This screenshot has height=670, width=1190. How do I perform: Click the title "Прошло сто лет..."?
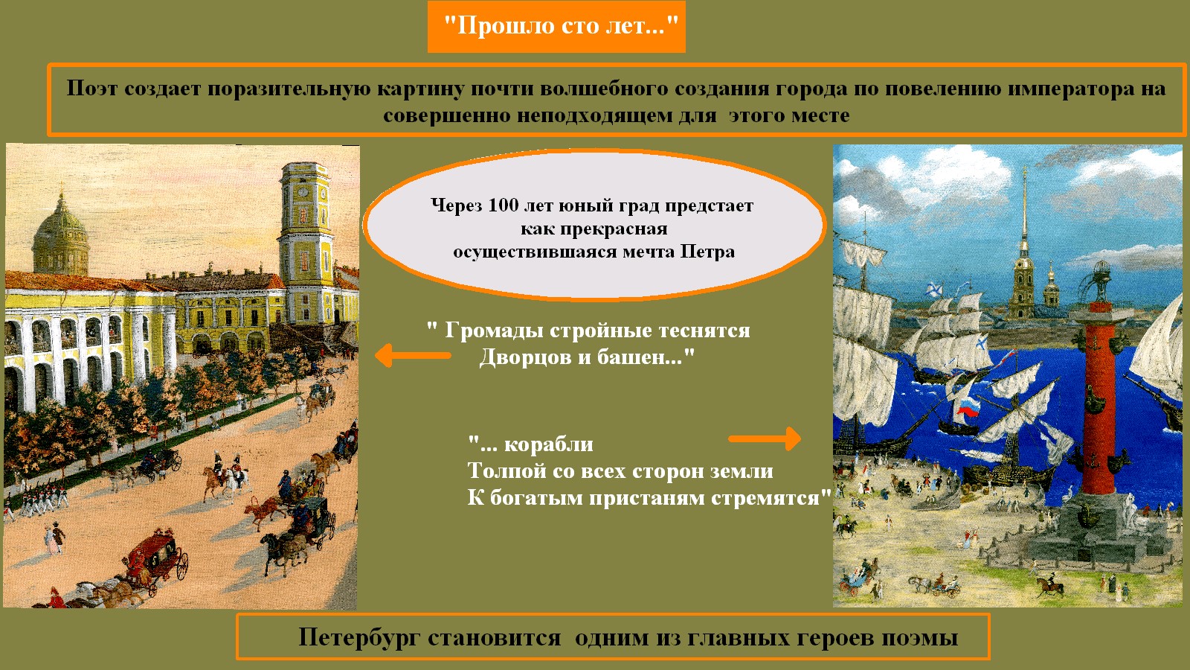click(x=561, y=25)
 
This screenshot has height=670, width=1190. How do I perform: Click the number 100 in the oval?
click(x=503, y=205)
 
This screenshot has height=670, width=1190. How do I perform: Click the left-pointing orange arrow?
click(x=413, y=355)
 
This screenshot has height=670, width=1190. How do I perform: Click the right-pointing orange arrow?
click(x=765, y=438)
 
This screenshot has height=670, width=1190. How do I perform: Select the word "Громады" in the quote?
click(x=494, y=331)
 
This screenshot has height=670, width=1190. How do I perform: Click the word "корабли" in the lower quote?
click(x=548, y=444)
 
